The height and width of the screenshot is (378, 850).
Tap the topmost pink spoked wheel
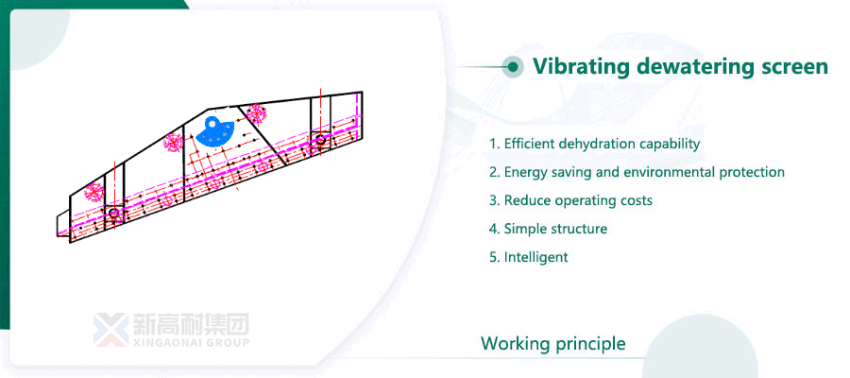255,113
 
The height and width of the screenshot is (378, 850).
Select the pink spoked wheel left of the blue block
173,144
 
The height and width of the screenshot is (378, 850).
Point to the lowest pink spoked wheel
94,192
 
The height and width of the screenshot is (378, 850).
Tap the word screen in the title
795,67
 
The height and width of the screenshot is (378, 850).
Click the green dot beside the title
513,66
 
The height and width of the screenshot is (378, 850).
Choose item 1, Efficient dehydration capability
594,145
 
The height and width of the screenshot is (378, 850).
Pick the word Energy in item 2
524,173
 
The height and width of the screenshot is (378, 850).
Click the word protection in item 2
750,173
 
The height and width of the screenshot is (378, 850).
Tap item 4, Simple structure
548,230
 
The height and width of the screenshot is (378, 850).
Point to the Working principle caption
552,343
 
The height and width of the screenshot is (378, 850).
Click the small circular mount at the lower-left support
113,214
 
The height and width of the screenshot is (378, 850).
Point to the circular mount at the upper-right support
320,141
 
